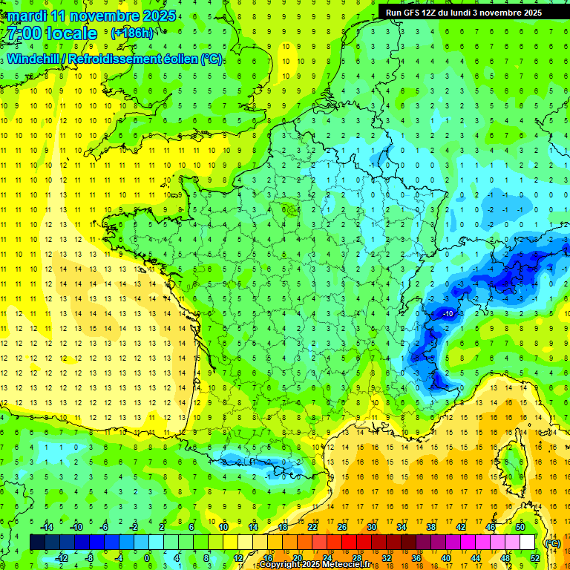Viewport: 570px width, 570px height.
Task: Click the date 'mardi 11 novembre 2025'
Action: pos(89,16)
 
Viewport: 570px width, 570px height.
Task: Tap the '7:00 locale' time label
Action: pos(50,33)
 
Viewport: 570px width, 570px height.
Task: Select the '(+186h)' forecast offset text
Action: pos(132,33)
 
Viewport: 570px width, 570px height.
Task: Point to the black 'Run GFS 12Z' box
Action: pos(464,12)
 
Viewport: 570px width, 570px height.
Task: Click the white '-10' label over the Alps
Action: pos(448,315)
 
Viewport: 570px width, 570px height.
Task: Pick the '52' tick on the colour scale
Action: pos(534,558)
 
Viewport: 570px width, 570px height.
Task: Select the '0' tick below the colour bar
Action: pos(147,558)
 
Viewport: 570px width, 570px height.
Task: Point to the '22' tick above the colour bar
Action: pos(312,527)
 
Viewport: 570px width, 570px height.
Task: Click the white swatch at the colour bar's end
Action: pos(527,543)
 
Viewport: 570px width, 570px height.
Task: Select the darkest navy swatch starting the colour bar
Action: pos(37,543)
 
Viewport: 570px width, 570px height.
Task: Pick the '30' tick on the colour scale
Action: pos(372,527)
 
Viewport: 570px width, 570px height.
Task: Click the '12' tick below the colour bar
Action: pos(238,558)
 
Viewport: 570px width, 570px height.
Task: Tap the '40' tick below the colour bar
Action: pos(446,558)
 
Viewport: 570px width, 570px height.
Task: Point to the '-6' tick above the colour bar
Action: pos(105,527)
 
